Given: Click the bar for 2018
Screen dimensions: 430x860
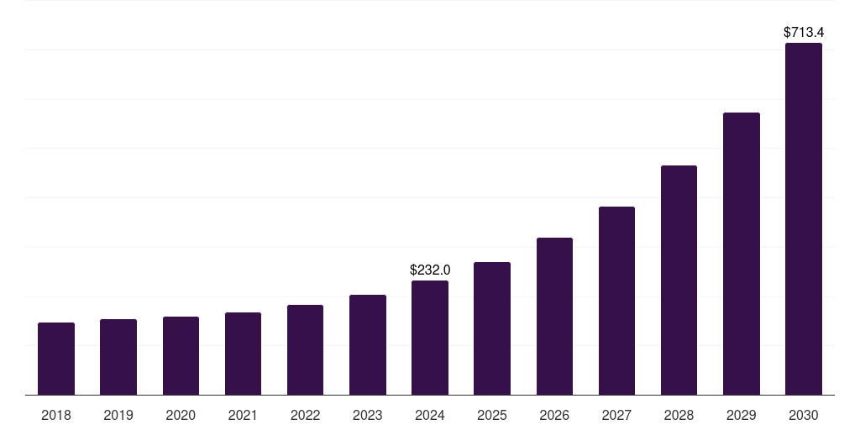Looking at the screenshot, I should [x=56, y=359].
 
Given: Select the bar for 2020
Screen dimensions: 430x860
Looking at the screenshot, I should [x=181, y=356].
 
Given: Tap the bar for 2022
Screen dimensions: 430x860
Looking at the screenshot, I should [x=305, y=350].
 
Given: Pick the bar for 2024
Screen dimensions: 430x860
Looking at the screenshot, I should [x=430, y=338].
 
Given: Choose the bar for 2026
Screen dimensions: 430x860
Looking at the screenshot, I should [x=554, y=317].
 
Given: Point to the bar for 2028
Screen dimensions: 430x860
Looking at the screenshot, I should [x=679, y=281].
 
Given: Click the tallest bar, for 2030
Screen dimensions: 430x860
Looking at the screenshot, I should [x=804, y=219].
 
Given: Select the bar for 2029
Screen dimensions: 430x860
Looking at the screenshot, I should [x=742, y=254].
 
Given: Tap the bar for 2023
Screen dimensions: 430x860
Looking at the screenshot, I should [x=368, y=345].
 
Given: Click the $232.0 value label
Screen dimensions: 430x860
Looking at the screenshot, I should [x=430, y=270].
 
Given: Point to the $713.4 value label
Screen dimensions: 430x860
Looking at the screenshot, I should [x=804, y=33].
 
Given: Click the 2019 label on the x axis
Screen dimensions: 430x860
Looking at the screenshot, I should [x=118, y=415].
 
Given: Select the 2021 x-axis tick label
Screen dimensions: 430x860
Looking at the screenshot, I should [x=243, y=415].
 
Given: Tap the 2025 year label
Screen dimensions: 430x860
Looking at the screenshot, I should [x=492, y=415].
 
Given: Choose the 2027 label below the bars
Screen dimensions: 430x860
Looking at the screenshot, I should [x=616, y=415].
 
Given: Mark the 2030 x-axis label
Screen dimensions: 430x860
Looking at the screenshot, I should [x=804, y=415].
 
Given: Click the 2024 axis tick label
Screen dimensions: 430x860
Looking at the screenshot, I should [x=430, y=415].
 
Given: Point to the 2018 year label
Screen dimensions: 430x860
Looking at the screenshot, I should [x=56, y=415].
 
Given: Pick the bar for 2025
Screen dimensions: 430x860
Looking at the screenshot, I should [x=492, y=328].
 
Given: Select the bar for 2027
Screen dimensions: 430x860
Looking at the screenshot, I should [x=616, y=301].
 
